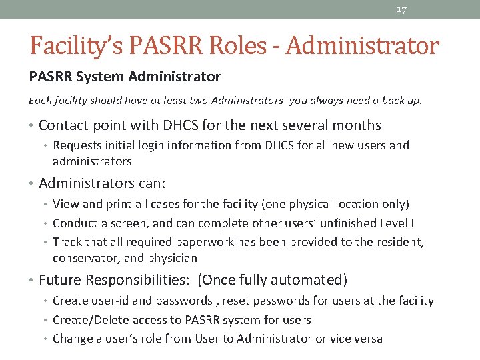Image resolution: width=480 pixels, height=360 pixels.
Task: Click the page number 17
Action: (x=401, y=10)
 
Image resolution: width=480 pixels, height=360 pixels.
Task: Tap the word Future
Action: (x=58, y=280)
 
